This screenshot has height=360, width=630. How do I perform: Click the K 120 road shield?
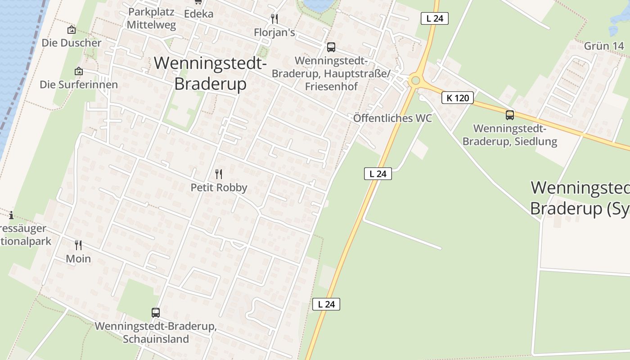coord(458,98)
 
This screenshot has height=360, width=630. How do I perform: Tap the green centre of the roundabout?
coord(415,81)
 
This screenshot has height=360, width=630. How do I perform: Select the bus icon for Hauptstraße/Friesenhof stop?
coord(331,47)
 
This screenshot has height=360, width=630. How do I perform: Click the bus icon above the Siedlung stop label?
coord(509,115)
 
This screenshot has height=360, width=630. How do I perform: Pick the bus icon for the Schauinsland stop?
coord(155,312)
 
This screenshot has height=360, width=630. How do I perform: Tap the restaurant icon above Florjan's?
coord(274,19)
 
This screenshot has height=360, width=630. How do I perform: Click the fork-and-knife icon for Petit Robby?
coord(219,174)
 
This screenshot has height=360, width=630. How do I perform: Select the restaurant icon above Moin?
coord(78,245)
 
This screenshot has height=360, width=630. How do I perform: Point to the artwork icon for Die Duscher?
coord(72,30)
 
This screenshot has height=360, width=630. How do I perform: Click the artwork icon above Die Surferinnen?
coord(79,71)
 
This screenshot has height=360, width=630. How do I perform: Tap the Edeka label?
coord(198,13)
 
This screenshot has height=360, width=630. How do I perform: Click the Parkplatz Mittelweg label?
coord(151,18)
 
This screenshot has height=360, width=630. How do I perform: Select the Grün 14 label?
coord(604,46)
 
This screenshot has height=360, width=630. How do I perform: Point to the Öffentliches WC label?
coord(392,118)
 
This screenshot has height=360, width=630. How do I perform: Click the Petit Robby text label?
coord(219,187)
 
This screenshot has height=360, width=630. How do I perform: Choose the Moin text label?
coord(78,259)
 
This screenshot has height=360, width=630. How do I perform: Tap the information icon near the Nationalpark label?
coord(11,215)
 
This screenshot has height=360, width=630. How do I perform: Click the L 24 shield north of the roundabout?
coord(435,18)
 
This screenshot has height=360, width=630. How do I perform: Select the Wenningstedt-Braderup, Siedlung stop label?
coord(509,135)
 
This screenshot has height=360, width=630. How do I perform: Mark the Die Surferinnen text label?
coord(79,85)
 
